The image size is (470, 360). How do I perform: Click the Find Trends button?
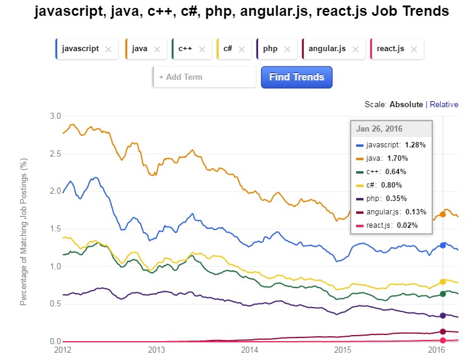pyautogui.click(x=296, y=77)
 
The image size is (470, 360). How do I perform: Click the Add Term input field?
pyautogui.click(x=204, y=77)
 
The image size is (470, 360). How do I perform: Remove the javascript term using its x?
pyautogui.click(x=108, y=49)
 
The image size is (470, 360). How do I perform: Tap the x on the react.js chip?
pyautogui.click(x=414, y=49)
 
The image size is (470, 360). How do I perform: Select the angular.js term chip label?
pyautogui.click(x=328, y=49)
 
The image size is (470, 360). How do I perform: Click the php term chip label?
pyautogui.click(x=270, y=49)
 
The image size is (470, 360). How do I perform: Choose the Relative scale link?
pyautogui.click(x=444, y=104)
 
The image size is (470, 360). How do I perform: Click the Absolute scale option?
pyautogui.click(x=406, y=104)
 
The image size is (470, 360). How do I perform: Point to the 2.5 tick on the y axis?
pyautogui.click(x=55, y=154)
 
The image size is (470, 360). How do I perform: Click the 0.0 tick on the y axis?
pyautogui.click(x=55, y=342)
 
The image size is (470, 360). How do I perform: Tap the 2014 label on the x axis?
pyautogui.click(x=250, y=350)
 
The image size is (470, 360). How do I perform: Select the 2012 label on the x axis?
pyautogui.click(x=63, y=350)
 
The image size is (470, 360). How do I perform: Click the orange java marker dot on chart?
pyautogui.click(x=443, y=214)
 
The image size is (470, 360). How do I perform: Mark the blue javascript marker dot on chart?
pyautogui.click(x=443, y=245)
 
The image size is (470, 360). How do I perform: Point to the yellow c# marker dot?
pyautogui.click(x=443, y=281)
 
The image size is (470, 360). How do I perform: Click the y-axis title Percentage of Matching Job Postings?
pyautogui.click(x=24, y=231)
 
